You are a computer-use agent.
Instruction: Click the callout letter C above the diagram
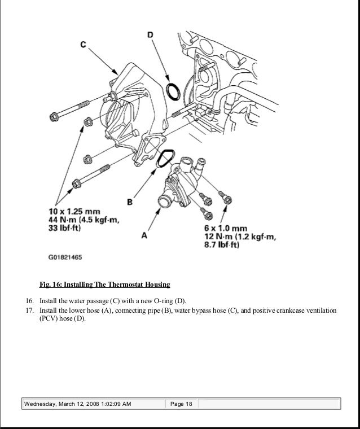point(84,45)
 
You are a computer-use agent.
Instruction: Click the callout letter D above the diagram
point(150,35)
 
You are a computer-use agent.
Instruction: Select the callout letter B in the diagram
point(129,200)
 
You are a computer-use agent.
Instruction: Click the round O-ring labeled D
point(174,91)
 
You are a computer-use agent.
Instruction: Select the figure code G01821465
point(65,257)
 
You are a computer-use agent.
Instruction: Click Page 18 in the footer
point(181,404)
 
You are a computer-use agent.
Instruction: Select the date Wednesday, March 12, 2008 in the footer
point(62,404)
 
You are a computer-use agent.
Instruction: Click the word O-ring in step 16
point(164,300)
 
